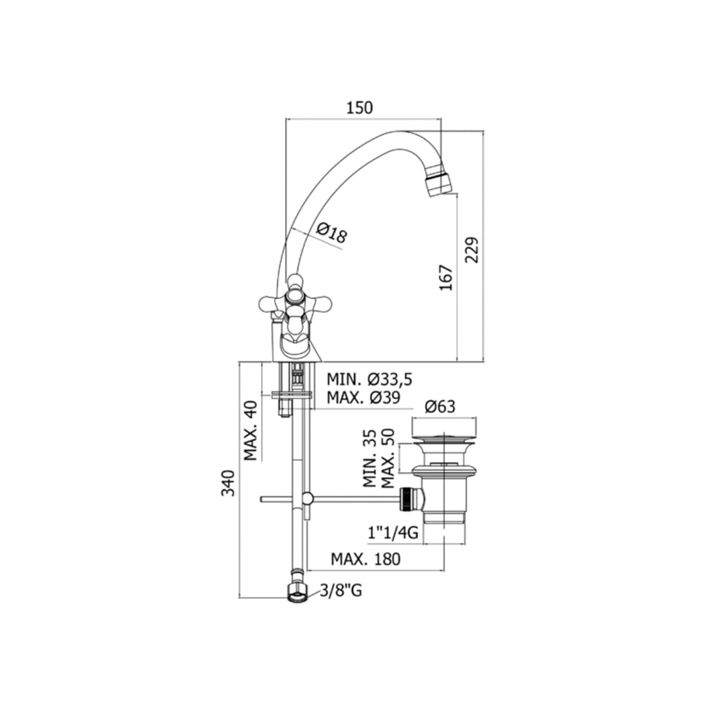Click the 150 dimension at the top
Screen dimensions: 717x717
pos(359,108)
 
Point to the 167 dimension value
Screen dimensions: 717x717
pos(446,277)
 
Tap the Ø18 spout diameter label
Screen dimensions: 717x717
pos(331,233)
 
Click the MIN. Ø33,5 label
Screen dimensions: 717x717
pos(369,379)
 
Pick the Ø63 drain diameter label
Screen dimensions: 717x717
pos(440,406)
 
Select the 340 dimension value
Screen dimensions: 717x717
pos(228,483)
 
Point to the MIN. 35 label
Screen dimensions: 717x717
pos(370,459)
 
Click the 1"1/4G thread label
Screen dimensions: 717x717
pos(393,534)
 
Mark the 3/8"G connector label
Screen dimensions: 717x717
pos(341,592)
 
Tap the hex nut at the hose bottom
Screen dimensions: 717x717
pos(297,594)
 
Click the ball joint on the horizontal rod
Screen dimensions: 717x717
pos(307,499)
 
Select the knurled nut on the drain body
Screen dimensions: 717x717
pos(410,499)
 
